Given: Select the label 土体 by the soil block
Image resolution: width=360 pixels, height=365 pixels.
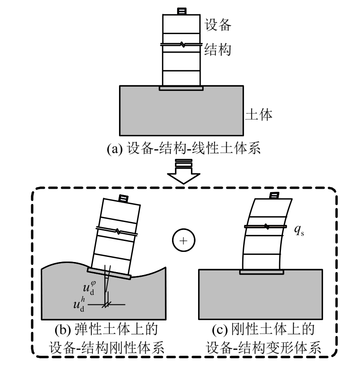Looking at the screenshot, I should coord(259,114).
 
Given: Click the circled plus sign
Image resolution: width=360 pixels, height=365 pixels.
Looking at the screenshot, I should coord(181,241).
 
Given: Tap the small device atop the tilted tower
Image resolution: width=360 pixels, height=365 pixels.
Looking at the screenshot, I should coord(124,198).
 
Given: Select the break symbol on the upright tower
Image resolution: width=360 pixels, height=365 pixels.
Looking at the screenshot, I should coord(182,44).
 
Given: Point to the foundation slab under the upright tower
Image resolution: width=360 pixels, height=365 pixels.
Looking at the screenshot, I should coord(182,88).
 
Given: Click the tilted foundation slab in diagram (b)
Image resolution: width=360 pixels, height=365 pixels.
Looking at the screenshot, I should coord(109,272).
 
